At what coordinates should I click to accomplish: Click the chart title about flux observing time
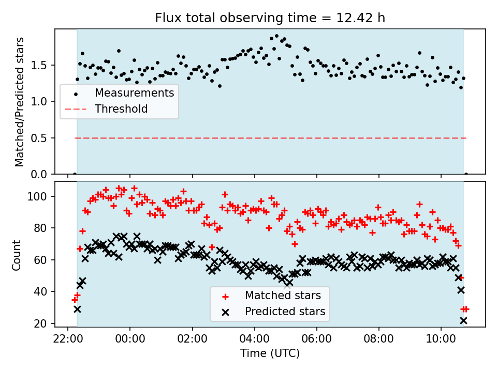pos(270,18)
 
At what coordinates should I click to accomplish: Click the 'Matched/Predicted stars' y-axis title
pos(20,102)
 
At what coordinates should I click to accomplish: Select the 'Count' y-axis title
pos(17,255)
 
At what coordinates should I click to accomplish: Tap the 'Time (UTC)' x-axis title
pos(270,353)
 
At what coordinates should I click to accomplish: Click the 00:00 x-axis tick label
pos(130,338)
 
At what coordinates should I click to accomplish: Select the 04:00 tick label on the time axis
pos(254,338)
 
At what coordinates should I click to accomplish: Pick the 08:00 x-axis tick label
pos(379,338)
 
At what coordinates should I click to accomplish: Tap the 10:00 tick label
pos(441,338)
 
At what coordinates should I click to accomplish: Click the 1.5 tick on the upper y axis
pos(41,65)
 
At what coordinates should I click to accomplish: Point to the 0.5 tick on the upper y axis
pos(41,138)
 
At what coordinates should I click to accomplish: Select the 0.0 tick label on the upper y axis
pos(41,175)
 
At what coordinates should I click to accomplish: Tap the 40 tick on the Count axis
pos(43,292)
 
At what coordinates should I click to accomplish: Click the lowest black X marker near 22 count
pos(463,321)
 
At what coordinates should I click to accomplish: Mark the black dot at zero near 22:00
pos(75,174)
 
